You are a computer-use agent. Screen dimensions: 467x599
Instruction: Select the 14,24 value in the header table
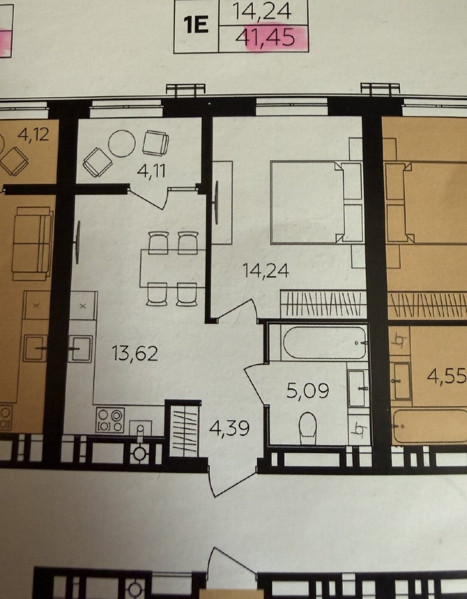(262, 12)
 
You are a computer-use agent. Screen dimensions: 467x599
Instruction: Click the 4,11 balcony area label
(151, 171)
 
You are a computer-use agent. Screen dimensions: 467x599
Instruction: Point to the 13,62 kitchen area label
(135, 353)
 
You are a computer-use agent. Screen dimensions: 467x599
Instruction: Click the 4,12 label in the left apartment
(33, 135)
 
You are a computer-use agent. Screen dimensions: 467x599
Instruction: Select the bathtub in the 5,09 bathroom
(325, 343)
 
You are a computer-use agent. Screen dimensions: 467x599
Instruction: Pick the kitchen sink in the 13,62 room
(80, 349)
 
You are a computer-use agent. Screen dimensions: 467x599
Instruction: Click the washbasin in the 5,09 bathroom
(357, 388)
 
